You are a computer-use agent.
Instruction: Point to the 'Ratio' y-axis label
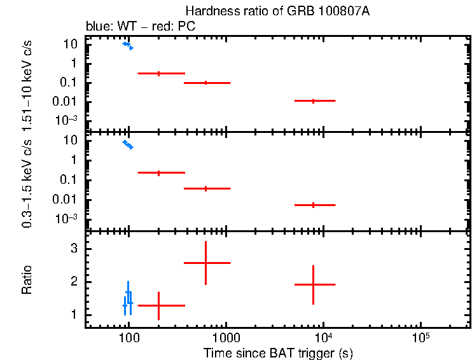[x=27, y=280]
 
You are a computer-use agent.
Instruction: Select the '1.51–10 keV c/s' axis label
[x=27, y=84]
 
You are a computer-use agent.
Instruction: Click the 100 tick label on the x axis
[x=128, y=336]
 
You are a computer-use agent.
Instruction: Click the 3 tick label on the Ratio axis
[x=74, y=249]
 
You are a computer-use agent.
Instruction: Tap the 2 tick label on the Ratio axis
[x=74, y=282]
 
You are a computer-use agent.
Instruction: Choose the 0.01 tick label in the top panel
[x=66, y=102]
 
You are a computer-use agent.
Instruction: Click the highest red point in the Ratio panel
[x=205, y=263]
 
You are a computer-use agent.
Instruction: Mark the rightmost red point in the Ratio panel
[x=313, y=284]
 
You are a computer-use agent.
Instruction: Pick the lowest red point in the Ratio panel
[x=158, y=305]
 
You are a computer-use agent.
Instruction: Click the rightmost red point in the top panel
[x=313, y=100]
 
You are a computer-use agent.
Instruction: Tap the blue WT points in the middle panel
[x=128, y=144]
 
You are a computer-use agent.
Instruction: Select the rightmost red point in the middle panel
[x=313, y=205]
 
